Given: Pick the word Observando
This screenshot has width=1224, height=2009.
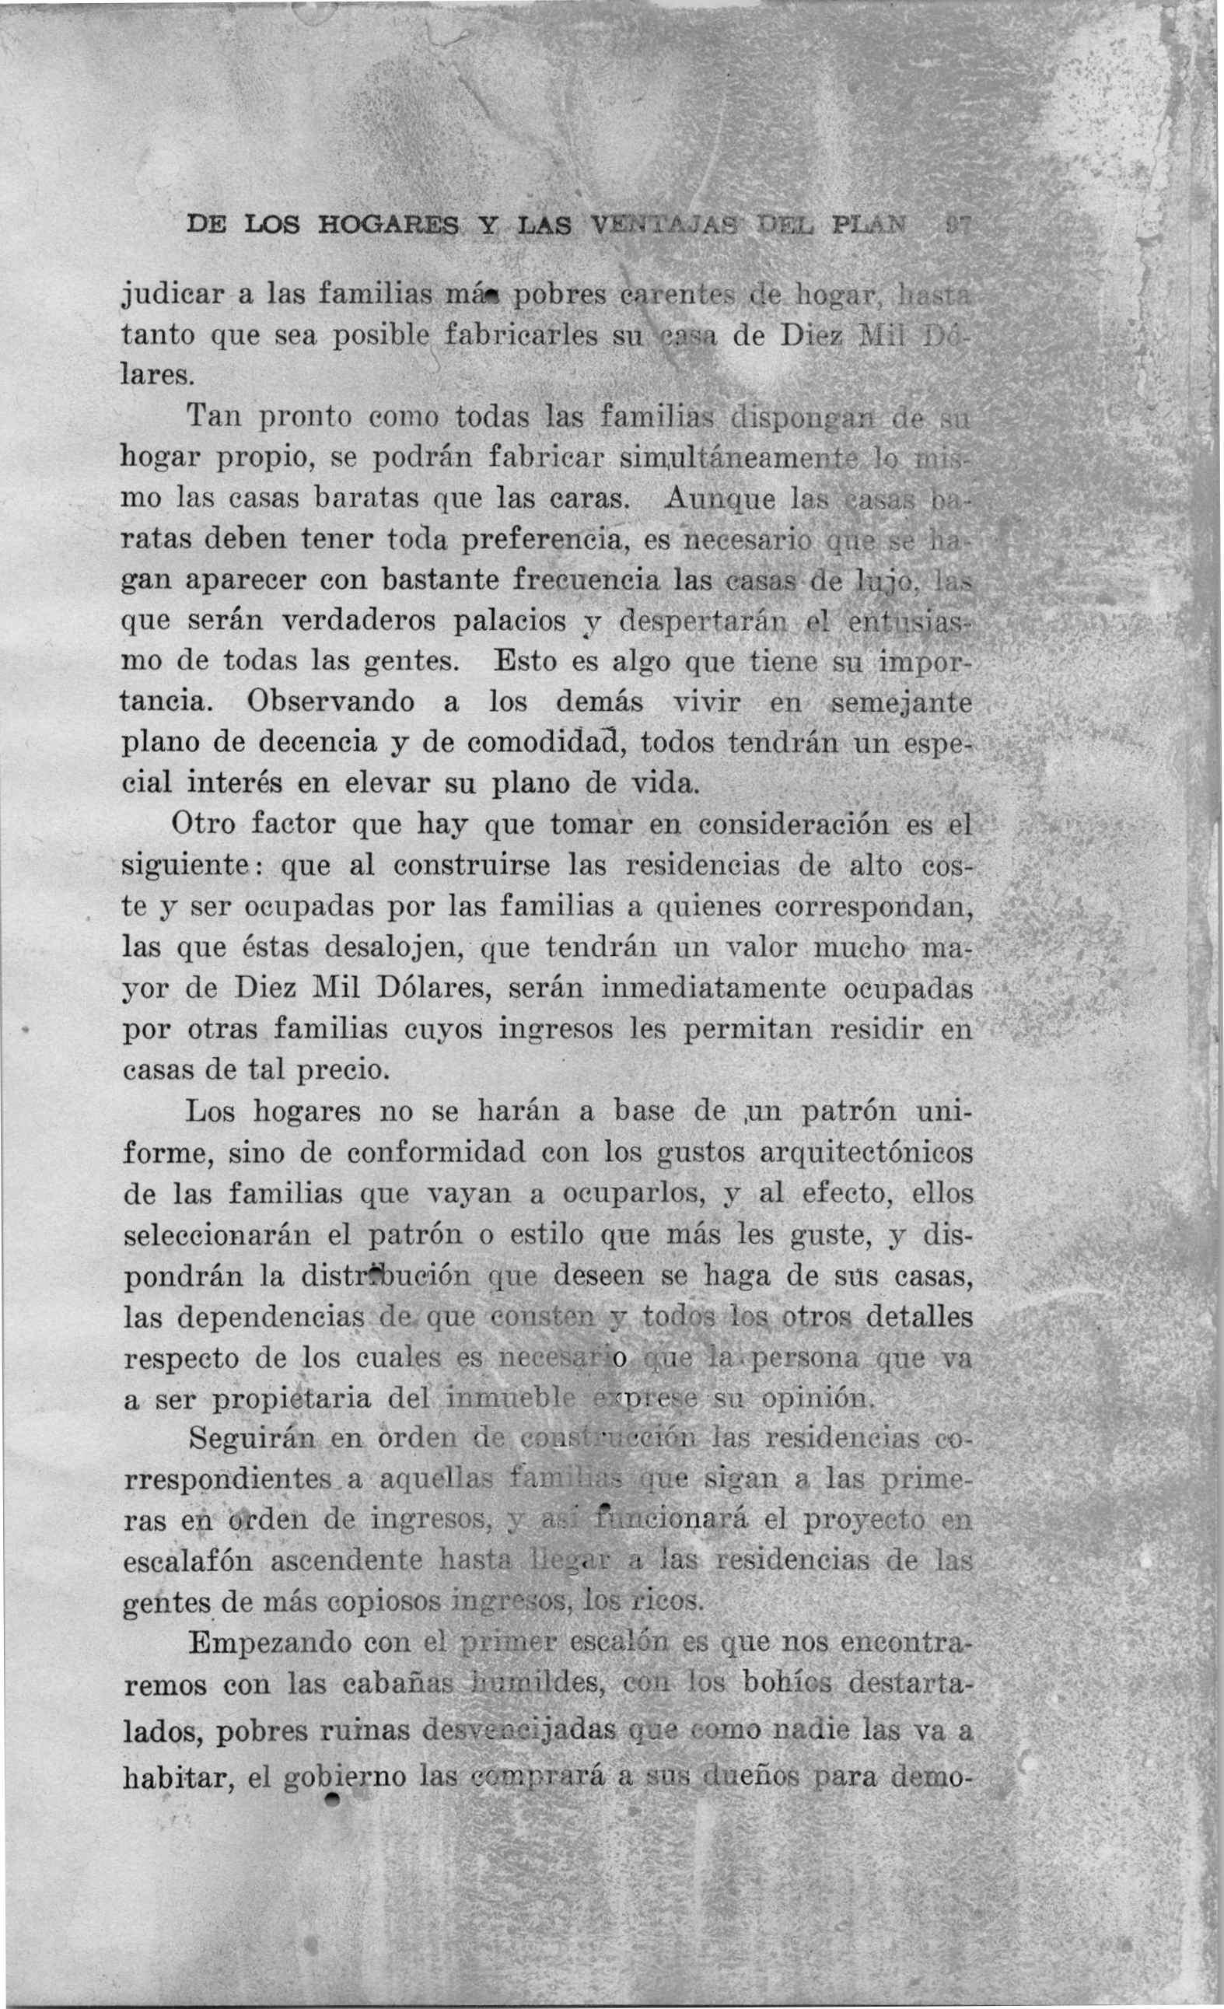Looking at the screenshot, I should coord(330,702).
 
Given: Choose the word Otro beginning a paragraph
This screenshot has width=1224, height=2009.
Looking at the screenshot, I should coord(202,824).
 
